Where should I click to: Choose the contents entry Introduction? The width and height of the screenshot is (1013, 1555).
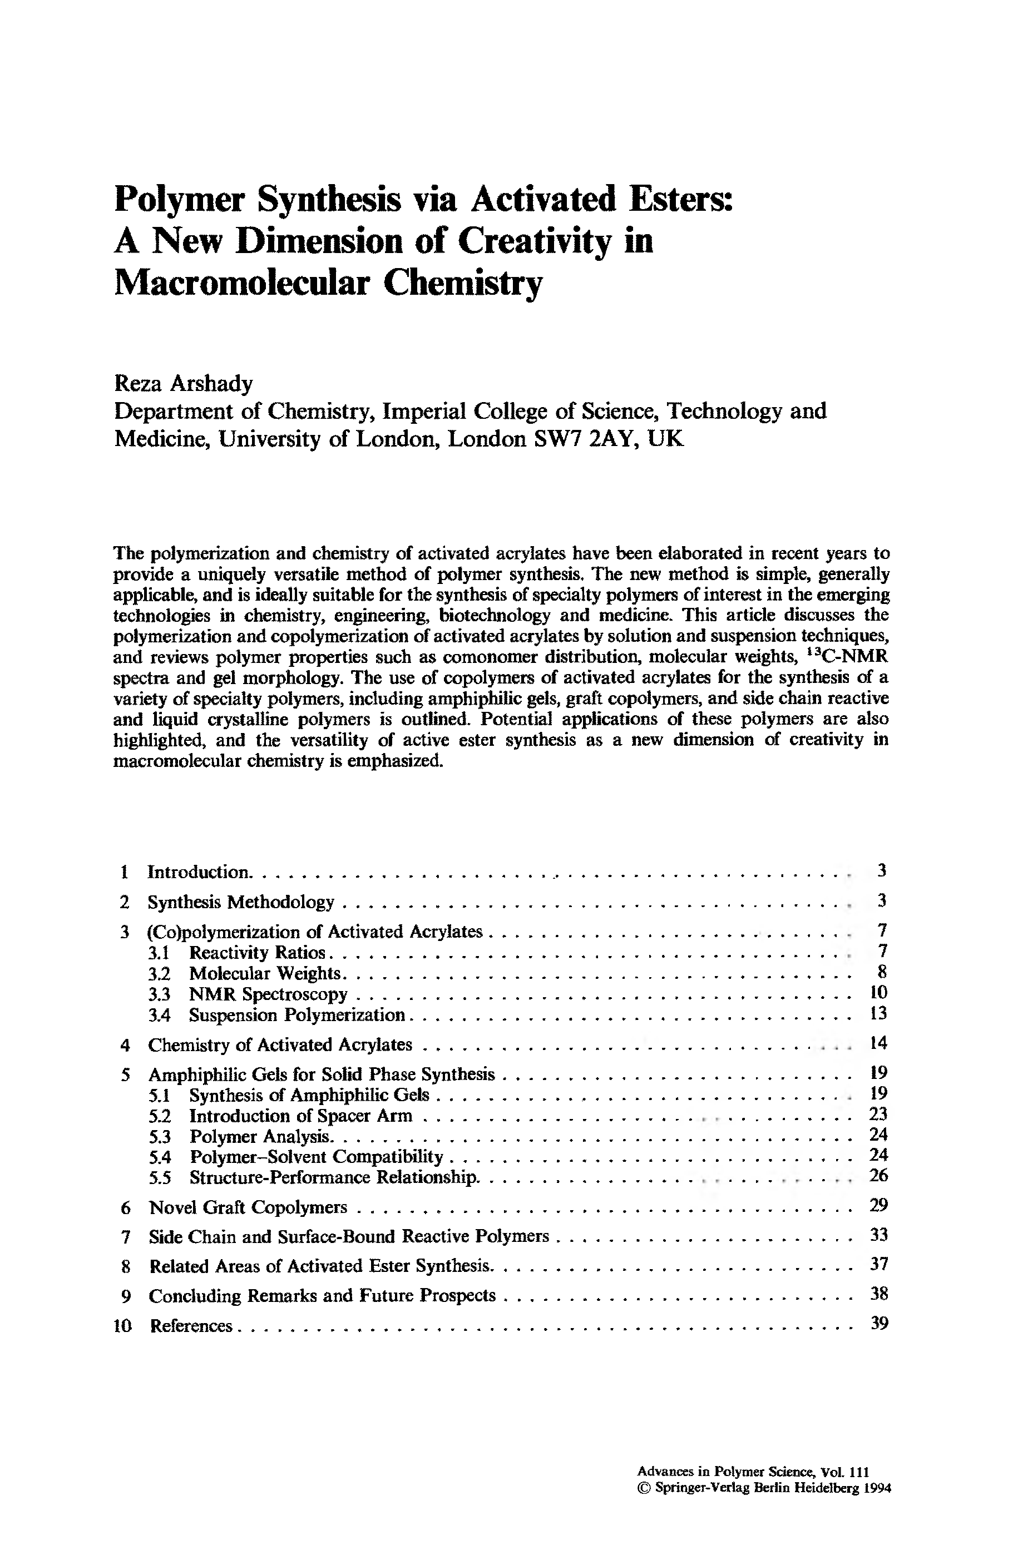pos(198,871)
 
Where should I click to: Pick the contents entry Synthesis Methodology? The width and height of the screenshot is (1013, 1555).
pos(240,902)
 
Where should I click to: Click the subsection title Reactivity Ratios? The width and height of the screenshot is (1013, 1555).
pos(257,952)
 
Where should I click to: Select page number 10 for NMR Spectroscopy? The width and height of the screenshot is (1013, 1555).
pos(878,993)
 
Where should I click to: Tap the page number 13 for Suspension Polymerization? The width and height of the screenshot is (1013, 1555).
pos(878,1014)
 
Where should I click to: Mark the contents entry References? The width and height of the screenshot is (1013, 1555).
pos(191,1326)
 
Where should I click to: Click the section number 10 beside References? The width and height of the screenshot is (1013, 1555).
pos(123,1326)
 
